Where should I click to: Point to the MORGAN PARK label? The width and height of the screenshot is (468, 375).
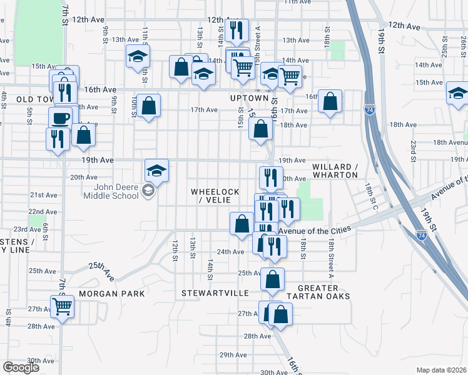(x=111, y=293)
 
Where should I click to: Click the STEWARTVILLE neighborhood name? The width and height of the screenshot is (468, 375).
(x=215, y=292)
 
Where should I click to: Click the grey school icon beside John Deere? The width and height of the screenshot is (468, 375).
(x=148, y=191)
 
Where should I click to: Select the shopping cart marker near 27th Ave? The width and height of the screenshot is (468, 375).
(x=62, y=306)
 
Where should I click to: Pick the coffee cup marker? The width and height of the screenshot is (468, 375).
(x=61, y=117)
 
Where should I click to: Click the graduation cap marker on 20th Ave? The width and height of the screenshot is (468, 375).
(x=156, y=170)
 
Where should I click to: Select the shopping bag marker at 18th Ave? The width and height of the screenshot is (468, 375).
(x=261, y=129)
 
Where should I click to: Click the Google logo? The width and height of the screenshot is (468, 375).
(x=20, y=368)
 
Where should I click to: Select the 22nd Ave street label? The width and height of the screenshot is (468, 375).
(x=43, y=212)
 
